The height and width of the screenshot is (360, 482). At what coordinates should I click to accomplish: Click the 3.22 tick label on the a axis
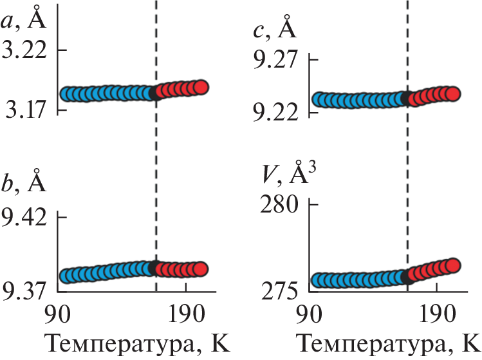(x=24, y=50)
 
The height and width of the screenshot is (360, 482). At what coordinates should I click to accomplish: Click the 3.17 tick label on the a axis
(x=26, y=109)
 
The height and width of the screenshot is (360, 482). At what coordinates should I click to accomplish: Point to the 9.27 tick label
(x=275, y=59)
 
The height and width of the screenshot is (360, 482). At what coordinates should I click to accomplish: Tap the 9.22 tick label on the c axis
(x=275, y=113)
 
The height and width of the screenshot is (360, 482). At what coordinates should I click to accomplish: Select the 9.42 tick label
(x=24, y=218)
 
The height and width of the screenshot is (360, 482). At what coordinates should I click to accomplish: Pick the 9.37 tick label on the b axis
(x=24, y=290)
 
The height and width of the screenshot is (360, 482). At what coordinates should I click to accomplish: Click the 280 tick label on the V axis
(x=279, y=204)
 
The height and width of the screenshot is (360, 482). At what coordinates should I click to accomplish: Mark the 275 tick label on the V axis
(x=279, y=290)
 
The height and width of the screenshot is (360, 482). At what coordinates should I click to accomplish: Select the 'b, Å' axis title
(x=23, y=181)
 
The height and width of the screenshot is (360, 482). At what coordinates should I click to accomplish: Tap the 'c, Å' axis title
(x=275, y=28)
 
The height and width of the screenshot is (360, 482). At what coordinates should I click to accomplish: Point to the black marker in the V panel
(x=407, y=276)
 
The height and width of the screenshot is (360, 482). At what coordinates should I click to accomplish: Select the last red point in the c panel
(x=452, y=93)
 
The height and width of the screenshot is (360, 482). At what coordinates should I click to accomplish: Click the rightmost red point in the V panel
(x=452, y=265)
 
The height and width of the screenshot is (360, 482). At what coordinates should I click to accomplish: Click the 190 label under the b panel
(x=186, y=314)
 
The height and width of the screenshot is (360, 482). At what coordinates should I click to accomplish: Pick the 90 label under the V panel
(x=310, y=314)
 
